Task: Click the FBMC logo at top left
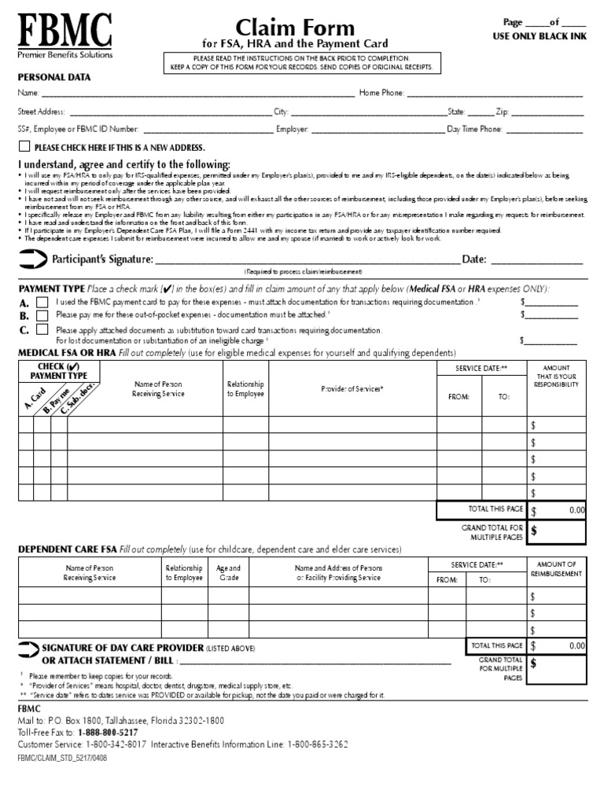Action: (65, 35)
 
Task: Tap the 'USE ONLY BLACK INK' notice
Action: (539, 37)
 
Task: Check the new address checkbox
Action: (24, 147)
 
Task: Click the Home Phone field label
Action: (381, 94)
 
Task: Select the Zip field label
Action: (502, 112)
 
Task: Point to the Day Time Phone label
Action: (474, 129)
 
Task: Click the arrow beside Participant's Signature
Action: (32, 259)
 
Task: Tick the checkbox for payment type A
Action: (42, 302)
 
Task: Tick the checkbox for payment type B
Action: (42, 315)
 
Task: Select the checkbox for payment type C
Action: (42, 329)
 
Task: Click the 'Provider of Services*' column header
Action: (352, 389)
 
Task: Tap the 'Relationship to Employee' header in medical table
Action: (245, 388)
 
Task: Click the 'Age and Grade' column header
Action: (228, 572)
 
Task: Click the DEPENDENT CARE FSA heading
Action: (67, 549)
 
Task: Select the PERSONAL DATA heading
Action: (54, 77)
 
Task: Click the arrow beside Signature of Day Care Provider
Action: (28, 648)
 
